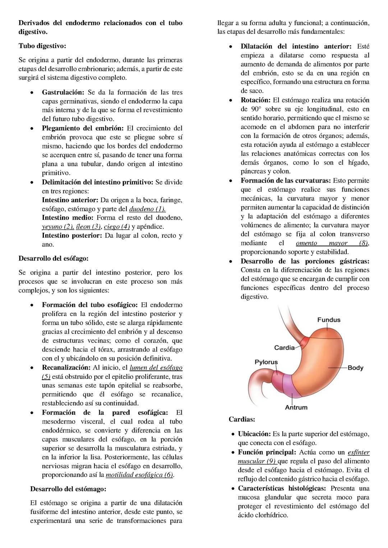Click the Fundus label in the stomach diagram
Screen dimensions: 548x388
pyautogui.click(x=328, y=320)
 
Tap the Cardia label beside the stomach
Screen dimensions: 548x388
pyautogui.click(x=284, y=348)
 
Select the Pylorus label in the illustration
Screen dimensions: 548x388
pyautogui.click(x=266, y=362)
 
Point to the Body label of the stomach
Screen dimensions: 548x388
pyautogui.click(x=355, y=368)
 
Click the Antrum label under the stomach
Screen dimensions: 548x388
pyautogui.click(x=296, y=407)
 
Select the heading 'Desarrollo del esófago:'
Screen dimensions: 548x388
pyautogui.click(x=53, y=258)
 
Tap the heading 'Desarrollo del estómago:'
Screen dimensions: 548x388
pyautogui.click(x=68, y=489)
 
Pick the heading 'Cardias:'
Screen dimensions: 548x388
pyautogui.click(x=242, y=419)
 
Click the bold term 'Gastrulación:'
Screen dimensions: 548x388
pyautogui.click(x=63, y=92)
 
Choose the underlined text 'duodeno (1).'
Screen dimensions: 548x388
pyautogui.click(x=147, y=209)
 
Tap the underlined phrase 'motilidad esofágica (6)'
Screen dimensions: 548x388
pyautogui.click(x=139, y=475)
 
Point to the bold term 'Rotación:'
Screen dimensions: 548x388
pyautogui.click(x=255, y=100)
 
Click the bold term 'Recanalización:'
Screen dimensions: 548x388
pyautogui.click(x=66, y=367)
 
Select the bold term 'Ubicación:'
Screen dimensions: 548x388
pyautogui.click(x=254, y=434)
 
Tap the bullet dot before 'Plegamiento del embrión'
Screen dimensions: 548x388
pyautogui.click(x=32, y=128)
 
